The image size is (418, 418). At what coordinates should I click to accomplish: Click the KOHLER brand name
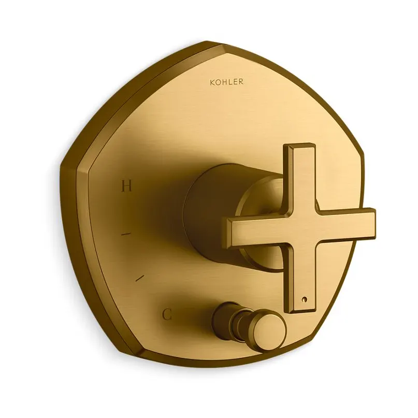pyautogui.click(x=226, y=82)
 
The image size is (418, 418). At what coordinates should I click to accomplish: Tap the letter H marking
pyautogui.click(x=126, y=185)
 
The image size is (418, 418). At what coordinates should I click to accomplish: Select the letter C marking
pyautogui.click(x=167, y=315)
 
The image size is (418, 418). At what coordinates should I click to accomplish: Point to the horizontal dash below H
pyautogui.click(x=126, y=234)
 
